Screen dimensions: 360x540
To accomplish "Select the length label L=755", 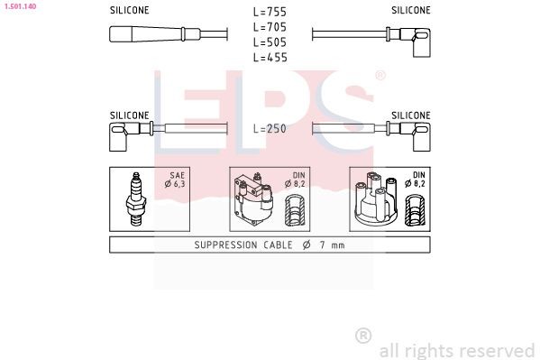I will pos(269,12).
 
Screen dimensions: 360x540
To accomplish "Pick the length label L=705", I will pos(269,27).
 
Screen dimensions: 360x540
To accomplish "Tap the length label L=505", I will pos(269,42).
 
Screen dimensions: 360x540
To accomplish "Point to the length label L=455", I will pos(269,57).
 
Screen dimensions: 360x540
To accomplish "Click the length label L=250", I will pos(269,129).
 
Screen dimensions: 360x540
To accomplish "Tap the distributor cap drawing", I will pos(373,200).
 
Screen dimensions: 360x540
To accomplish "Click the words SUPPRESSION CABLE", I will pos(236,245).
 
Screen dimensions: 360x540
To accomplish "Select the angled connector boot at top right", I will pos(416,37).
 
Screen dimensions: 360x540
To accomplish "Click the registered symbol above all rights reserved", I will pos(363,336).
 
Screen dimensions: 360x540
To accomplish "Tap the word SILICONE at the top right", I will pos(411,10).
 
